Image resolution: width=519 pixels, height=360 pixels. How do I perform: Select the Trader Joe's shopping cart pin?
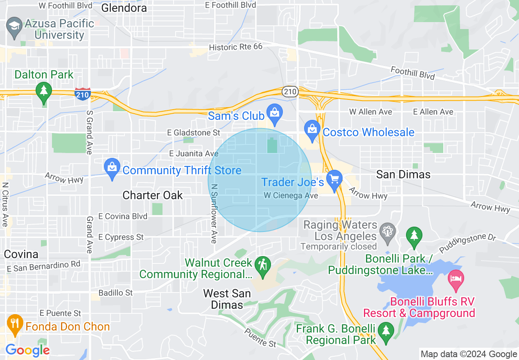pyautogui.click(x=335, y=180)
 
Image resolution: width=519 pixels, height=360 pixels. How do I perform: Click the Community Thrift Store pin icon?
pyautogui.click(x=112, y=169)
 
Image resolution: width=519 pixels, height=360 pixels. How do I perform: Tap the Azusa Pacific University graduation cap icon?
pyautogui.click(x=14, y=26)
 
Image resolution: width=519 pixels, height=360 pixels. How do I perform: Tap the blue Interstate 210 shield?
pyautogui.click(x=83, y=94)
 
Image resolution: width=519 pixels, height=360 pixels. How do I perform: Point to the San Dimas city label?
pyautogui.click(x=403, y=175)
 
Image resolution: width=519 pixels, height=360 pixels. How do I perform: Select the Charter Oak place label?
pyautogui.click(x=153, y=195)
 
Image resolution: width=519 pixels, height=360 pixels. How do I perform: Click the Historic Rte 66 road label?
pyautogui.click(x=235, y=47)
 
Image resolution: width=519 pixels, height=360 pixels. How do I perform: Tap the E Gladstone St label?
pyautogui.click(x=194, y=133)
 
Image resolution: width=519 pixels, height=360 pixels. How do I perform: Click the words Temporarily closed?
pyautogui.click(x=338, y=246)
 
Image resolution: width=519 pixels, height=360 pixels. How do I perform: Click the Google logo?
pyautogui.click(x=27, y=350)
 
